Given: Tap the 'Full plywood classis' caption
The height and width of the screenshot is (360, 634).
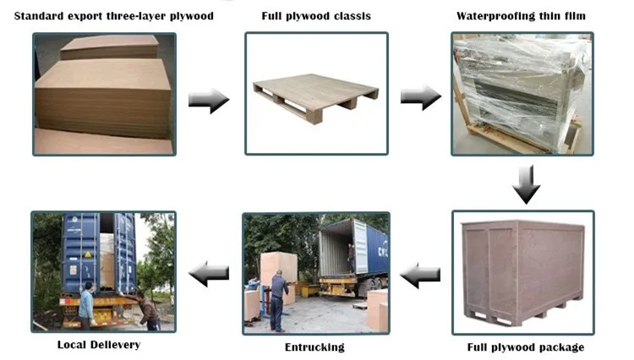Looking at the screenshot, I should coord(316,16).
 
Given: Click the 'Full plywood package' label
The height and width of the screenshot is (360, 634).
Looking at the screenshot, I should coord(526,347).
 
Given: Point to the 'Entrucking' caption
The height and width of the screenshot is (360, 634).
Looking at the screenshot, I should coord(315,347).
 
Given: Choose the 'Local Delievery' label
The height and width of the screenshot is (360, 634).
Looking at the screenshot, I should coord(99,345).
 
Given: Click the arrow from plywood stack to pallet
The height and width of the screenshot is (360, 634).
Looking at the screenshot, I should coord(208,101).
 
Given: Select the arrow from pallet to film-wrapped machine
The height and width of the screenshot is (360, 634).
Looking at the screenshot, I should coord(420,96).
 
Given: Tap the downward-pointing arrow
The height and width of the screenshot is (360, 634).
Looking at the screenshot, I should coord(526,184).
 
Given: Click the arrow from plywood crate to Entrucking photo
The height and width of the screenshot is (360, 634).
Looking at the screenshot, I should coord(420,274).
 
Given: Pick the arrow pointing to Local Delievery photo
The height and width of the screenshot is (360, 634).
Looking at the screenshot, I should coord(208,273).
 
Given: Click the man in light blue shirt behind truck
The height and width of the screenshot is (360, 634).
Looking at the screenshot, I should coord(86,303).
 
